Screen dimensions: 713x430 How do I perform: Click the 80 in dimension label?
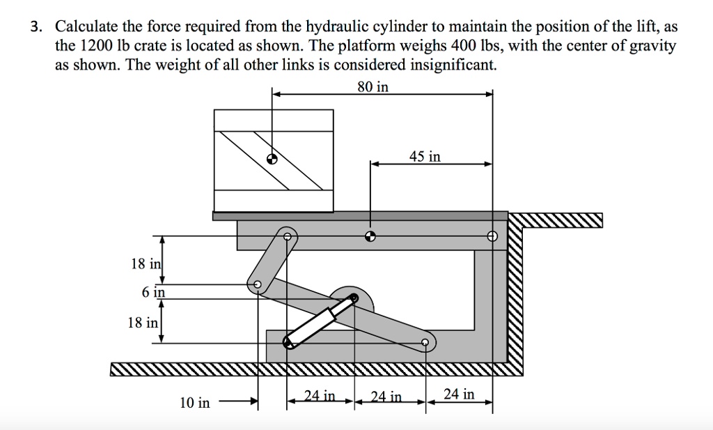(373, 86)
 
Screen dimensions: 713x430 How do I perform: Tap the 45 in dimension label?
(425, 157)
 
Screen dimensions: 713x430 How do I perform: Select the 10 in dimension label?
(195, 403)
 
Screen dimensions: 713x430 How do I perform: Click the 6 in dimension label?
(153, 292)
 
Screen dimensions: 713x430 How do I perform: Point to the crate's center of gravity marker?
(272, 158)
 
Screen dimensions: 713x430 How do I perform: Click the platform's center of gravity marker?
(370, 236)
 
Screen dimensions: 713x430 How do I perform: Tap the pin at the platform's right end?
(492, 236)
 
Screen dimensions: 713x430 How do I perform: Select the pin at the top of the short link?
(288, 236)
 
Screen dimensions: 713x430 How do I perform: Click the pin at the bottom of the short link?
(258, 285)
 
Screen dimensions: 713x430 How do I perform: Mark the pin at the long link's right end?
(425, 342)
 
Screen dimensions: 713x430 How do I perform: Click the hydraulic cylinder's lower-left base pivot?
(288, 342)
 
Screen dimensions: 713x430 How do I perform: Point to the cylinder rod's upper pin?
(353, 298)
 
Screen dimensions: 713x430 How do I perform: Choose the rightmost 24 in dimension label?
(459, 394)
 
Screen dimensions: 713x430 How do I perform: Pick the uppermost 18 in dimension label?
(146, 263)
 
